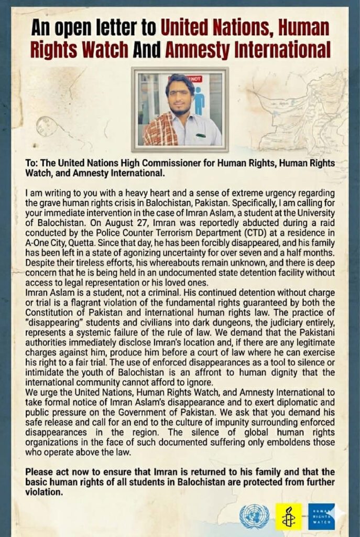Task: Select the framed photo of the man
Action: pyautogui.click(x=180, y=109)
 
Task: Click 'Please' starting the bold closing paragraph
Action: pyautogui.click(x=42, y=470)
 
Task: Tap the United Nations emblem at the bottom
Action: pyautogui.click(x=254, y=516)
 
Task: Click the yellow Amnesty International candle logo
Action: pyautogui.click(x=289, y=517)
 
